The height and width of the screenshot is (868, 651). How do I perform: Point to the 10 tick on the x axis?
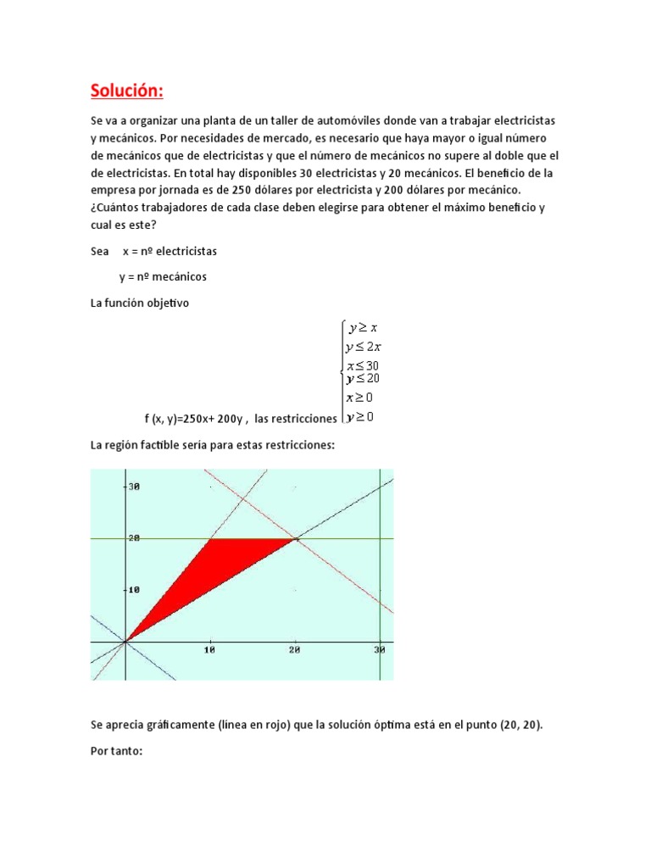(211, 650)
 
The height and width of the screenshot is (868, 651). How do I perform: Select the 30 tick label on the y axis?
(133, 487)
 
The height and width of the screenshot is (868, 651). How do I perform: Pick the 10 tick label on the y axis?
(133, 590)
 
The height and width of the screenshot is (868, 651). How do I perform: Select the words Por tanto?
(120, 751)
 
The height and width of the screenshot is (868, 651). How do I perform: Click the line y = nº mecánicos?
(163, 277)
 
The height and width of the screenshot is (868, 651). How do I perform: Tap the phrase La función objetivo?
(140, 304)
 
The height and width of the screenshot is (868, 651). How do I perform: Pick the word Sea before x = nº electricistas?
(100, 252)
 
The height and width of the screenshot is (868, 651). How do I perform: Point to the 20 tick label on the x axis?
(295, 650)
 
